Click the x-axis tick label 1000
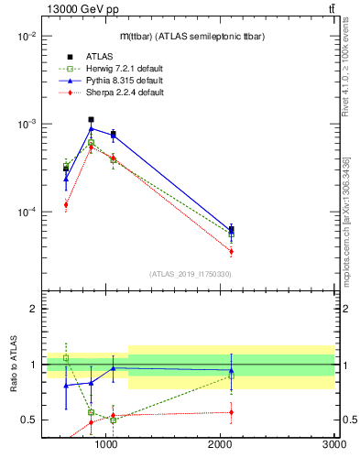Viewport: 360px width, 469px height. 106,446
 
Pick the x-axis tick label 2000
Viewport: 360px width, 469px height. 220,446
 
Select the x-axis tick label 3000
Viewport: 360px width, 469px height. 333,446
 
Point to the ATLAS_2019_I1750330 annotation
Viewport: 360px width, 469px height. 191,274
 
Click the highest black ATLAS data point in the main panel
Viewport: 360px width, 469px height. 91,120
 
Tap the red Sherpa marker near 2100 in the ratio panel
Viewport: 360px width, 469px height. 231,412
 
